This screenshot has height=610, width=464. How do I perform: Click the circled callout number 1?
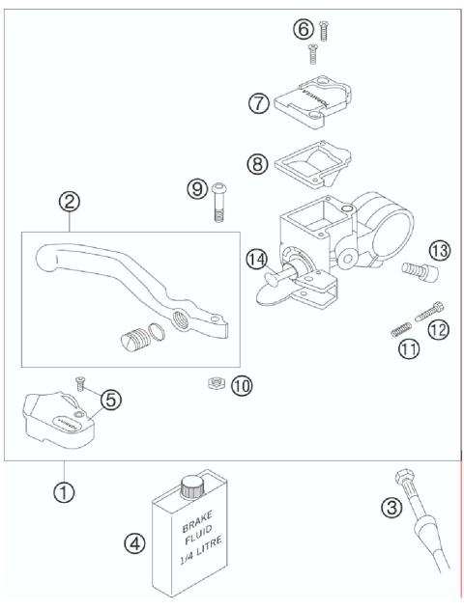(x=63, y=491)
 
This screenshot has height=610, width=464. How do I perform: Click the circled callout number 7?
(x=259, y=104)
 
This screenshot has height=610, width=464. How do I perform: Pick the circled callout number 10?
(x=241, y=385)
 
